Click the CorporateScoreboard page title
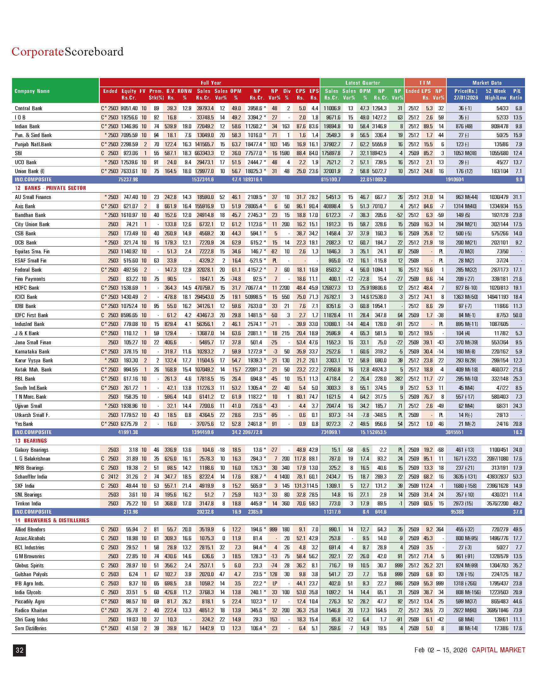pos(68,51)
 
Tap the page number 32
pos(19,650)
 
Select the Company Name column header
pos(32,91)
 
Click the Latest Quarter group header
pos(362,83)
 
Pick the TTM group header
pos(425,83)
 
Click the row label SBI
pos(18,153)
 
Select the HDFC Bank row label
pos(27,288)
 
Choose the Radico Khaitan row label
pos(31,610)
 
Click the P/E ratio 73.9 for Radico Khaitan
pos(517,610)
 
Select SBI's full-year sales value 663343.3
pos(205,153)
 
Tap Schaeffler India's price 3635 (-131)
pos(466,477)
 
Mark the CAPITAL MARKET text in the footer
pos(498,650)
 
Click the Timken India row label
pos(28,504)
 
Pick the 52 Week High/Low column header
pos(495,94)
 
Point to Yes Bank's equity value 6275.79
pos(129,424)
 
